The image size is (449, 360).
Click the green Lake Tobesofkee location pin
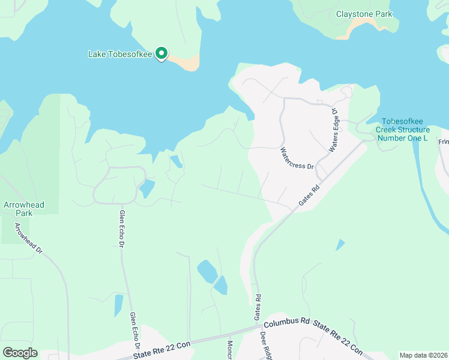pyautogui.click(x=161, y=54)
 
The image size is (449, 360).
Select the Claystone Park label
pyautogui.click(x=364, y=14)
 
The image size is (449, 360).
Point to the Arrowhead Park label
pyautogui.click(x=23, y=209)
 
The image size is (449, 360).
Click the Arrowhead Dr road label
pyautogui.click(x=29, y=239)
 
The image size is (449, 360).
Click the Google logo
pyautogui.click(x=20, y=353)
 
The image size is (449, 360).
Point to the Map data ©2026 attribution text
pyautogui.click(x=423, y=355)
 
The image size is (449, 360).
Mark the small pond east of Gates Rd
pyautogui.click(x=340, y=245)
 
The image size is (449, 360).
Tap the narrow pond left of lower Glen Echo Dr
pyautogui.click(x=118, y=305)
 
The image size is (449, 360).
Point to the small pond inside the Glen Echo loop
pyautogui.click(x=146, y=189)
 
